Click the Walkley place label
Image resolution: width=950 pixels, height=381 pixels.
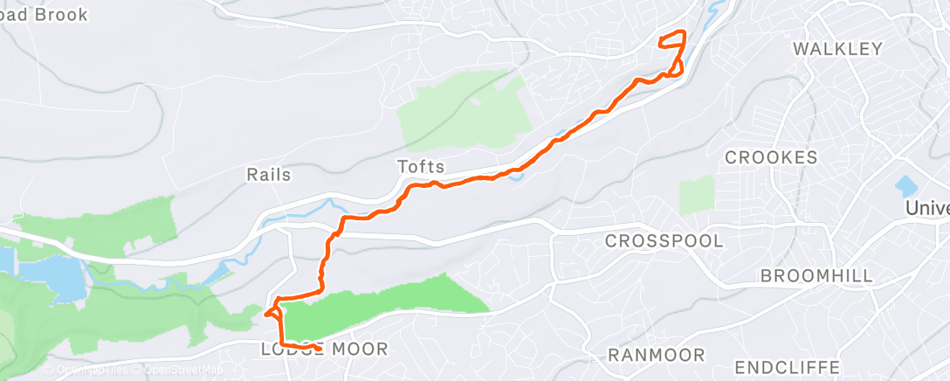coord(837,49)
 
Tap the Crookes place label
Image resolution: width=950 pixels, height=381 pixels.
coord(772,157)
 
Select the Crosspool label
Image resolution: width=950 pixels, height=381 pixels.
coord(664,240)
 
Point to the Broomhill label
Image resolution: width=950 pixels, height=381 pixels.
coord(816,276)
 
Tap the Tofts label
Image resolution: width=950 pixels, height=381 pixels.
coord(421,166)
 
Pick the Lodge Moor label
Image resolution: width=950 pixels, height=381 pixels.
coord(324,350)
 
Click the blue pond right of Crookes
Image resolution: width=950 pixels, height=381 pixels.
coord(906,185)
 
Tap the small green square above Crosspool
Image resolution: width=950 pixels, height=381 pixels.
coord(696,194)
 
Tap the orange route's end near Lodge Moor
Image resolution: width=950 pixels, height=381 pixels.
coord(320,349)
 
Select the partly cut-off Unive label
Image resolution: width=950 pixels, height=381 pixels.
coord(927,209)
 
